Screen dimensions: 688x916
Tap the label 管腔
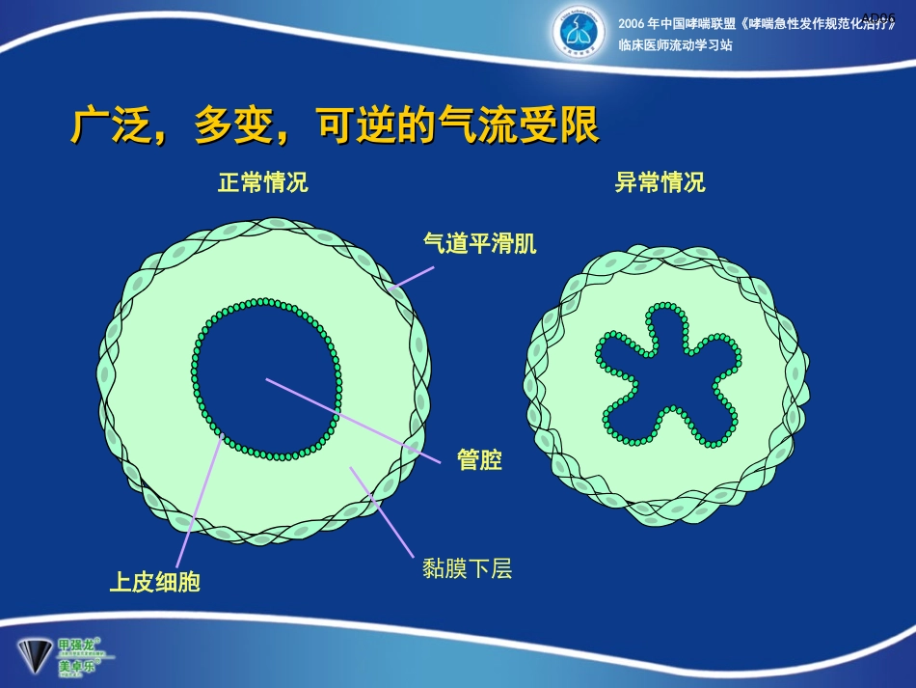[x=479, y=460]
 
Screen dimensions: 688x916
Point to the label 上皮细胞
[x=154, y=582]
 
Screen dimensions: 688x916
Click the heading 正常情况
[x=262, y=182]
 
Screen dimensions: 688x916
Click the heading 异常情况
[x=660, y=182]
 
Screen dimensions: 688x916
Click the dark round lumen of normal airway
[x=267, y=376]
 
